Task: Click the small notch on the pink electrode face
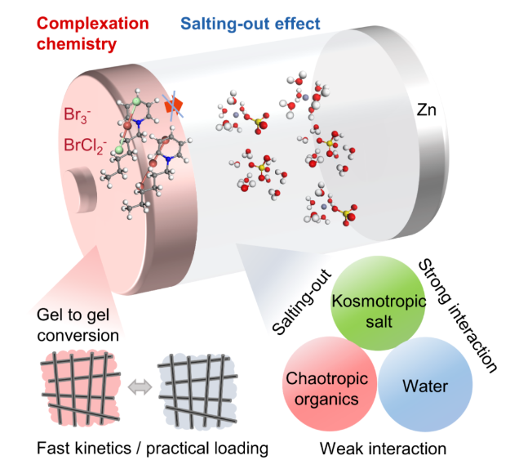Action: pyautogui.click(x=80, y=184)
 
